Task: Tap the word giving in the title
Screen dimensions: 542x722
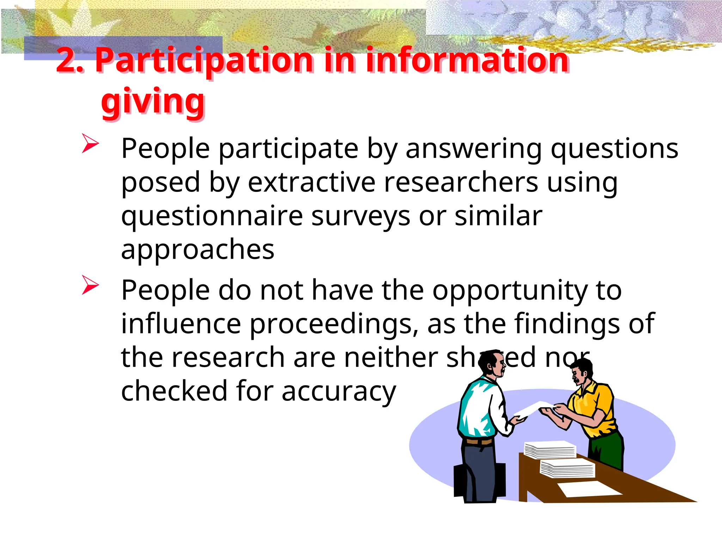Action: (153, 102)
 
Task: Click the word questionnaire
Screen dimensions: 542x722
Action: (212, 216)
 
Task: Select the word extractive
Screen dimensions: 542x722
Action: (312, 182)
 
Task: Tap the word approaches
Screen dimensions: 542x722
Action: (197, 249)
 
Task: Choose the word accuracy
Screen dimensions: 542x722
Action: (339, 391)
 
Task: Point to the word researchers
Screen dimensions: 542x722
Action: (461, 182)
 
